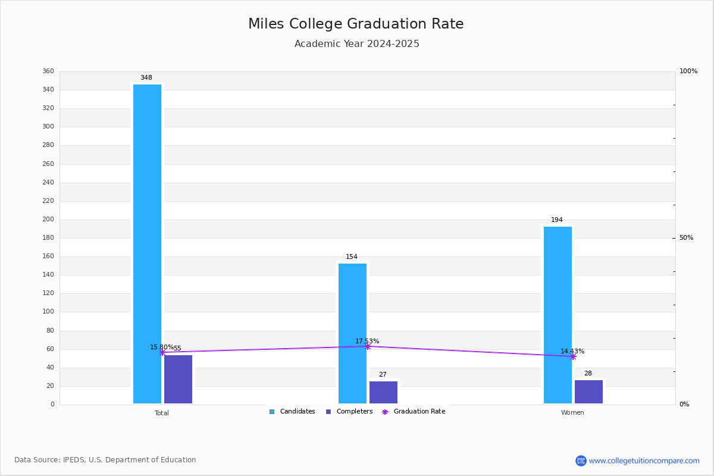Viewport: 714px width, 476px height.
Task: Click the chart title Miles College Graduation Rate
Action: (x=356, y=24)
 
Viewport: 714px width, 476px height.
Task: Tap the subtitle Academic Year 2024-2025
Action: (x=356, y=44)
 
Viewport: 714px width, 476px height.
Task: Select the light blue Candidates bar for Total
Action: (x=147, y=244)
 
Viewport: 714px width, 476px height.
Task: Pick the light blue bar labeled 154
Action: (x=352, y=333)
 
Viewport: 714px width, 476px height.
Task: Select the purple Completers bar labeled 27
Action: (x=383, y=392)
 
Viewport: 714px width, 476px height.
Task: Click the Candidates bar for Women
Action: (x=558, y=315)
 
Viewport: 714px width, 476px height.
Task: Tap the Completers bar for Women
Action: (x=588, y=392)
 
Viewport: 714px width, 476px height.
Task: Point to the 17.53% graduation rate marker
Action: (x=368, y=346)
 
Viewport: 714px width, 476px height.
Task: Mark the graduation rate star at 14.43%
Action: (x=573, y=356)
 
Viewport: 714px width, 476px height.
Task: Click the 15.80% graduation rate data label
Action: (x=161, y=347)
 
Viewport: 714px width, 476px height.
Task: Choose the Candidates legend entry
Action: (x=292, y=412)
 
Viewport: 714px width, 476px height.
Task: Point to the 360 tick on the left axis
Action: (x=48, y=71)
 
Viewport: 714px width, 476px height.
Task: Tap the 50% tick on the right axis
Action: (x=686, y=238)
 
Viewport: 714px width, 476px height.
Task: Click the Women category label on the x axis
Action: (x=572, y=413)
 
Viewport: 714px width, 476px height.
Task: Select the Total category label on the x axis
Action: (x=162, y=413)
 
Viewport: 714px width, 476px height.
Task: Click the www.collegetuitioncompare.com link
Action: (x=644, y=461)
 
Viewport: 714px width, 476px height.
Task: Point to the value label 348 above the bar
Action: (x=146, y=78)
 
